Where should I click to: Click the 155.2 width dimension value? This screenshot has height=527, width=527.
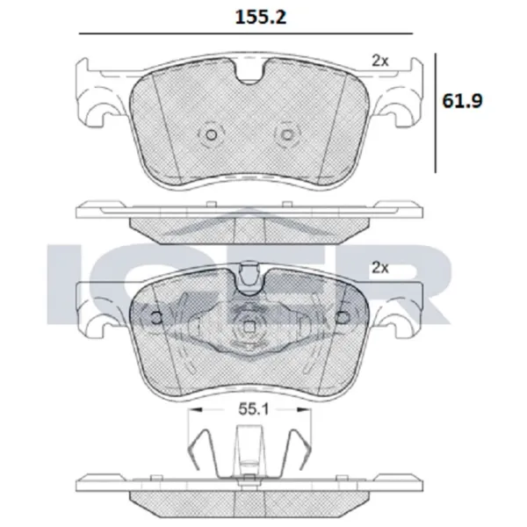point(261,18)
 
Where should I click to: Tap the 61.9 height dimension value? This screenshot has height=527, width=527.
point(462,100)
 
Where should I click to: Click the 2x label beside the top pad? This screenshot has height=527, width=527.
point(380,61)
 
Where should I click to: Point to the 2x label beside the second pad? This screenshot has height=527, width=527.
point(380,268)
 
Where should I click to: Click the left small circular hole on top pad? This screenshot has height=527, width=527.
point(212,135)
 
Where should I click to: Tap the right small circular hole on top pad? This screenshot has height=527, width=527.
point(287,135)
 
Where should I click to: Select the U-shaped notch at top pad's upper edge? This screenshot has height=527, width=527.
point(249,72)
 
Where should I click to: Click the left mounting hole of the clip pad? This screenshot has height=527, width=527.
point(156,318)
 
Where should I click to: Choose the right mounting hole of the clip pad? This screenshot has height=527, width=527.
point(343,318)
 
